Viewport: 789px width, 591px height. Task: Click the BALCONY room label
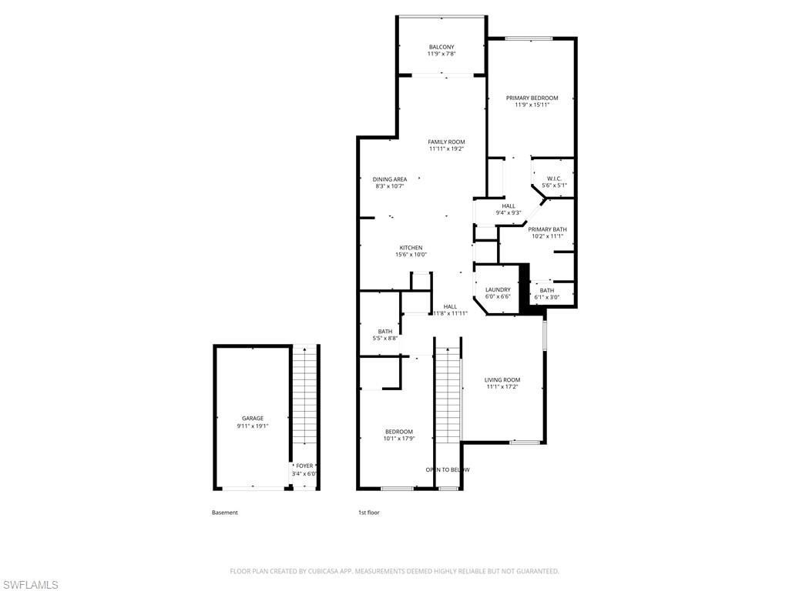point(442,47)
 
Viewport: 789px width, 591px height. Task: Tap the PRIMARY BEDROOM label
point(532,98)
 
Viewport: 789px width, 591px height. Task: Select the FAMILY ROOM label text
point(447,142)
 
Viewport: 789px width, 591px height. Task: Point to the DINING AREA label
point(390,179)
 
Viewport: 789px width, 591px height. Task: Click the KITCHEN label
point(411,248)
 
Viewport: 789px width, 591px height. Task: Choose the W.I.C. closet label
point(555,179)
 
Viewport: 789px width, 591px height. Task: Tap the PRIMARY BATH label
point(547,229)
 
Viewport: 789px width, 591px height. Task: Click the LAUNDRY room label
point(498,289)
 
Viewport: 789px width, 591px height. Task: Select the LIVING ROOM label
point(502,379)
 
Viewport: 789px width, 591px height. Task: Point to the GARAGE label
point(253,419)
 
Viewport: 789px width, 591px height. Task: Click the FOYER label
point(304,466)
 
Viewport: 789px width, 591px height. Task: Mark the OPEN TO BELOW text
point(448,469)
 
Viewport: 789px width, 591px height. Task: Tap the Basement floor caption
point(225,513)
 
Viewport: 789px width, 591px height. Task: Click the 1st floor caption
point(368,513)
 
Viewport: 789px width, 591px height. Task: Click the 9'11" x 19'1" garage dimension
point(253,426)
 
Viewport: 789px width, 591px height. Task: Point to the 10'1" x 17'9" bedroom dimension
point(399,439)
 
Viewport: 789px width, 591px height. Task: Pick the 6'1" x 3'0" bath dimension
point(546,297)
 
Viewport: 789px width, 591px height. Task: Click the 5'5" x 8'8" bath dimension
point(384,339)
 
